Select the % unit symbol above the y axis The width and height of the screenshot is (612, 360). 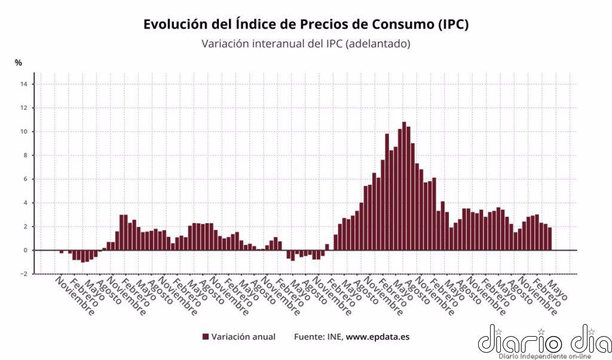point(19,63)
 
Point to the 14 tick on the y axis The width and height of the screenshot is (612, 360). point(23,84)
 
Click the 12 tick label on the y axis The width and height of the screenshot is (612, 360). point(23,108)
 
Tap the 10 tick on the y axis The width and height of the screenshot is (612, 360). point(23,132)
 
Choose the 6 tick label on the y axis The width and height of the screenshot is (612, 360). point(25,179)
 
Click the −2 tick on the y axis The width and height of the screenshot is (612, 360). point(23,274)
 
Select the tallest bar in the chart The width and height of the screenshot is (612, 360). point(404,186)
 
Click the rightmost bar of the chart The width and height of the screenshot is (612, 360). point(549,239)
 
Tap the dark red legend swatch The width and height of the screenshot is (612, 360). point(206,337)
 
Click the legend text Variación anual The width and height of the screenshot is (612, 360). point(243,337)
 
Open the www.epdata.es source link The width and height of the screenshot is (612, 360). point(378,337)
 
